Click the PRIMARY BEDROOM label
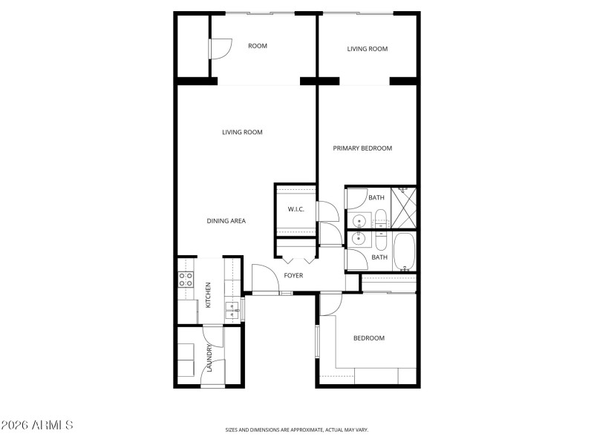[362, 148]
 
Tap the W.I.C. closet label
[296, 209]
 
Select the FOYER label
[293, 276]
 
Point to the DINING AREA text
[226, 221]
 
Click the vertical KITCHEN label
[209, 294]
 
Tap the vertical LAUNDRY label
[210, 358]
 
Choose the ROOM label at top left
[258, 46]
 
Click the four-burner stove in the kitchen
[186, 280]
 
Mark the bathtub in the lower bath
[405, 252]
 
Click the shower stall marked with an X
[405, 208]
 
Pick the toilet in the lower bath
[380, 241]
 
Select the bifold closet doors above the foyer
[297, 260]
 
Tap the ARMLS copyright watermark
[37, 426]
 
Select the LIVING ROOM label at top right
[368, 49]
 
